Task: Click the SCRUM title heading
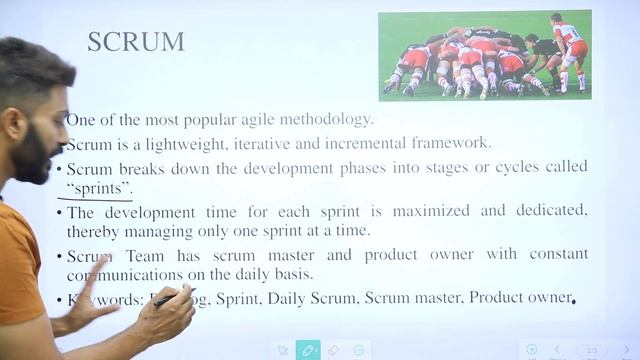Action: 136,42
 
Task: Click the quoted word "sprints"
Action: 100,187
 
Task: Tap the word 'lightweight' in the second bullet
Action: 182,143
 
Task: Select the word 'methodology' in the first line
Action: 322,119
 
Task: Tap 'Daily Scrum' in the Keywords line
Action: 317,298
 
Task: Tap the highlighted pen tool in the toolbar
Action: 309,350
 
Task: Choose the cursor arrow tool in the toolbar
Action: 283,350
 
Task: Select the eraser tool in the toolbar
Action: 335,350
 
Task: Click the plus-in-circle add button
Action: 532,349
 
